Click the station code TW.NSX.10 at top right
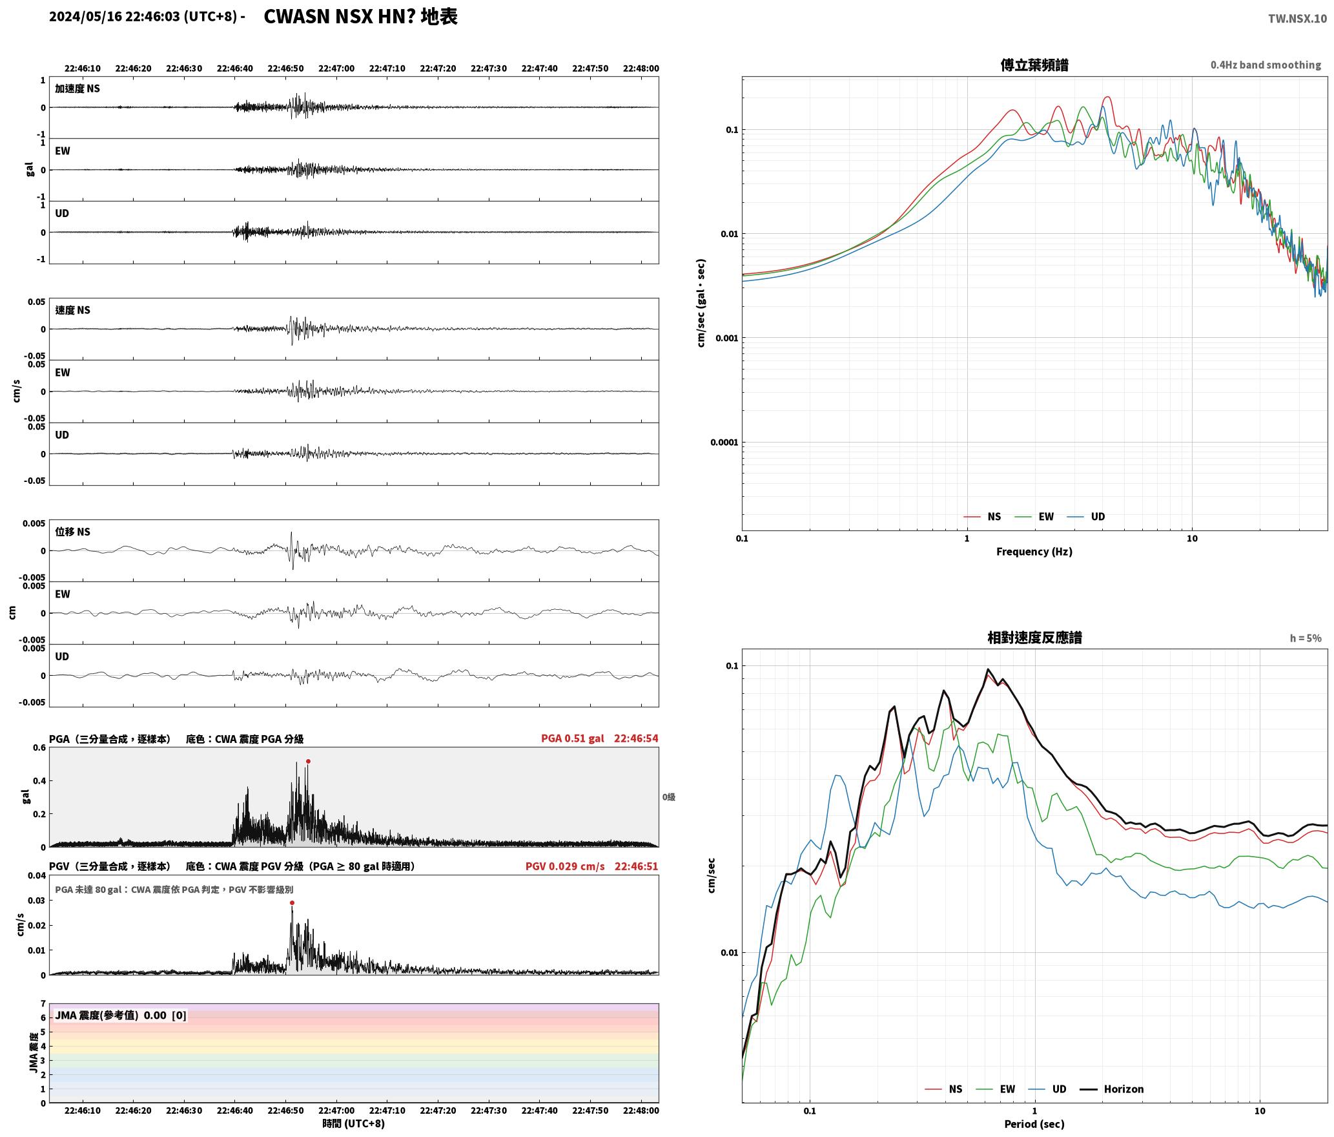click(x=1297, y=18)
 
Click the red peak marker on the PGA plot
click(x=308, y=761)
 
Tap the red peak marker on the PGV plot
click(x=292, y=902)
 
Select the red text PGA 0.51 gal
click(x=573, y=738)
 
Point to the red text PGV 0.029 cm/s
click(x=565, y=866)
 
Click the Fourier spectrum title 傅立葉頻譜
click(x=1034, y=65)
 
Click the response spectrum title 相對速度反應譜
click(x=1034, y=637)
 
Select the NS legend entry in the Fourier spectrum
click(x=982, y=516)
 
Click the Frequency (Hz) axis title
click(x=1034, y=551)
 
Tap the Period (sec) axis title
click(x=1034, y=1123)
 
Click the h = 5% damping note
click(x=1306, y=638)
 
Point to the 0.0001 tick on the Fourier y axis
click(x=724, y=442)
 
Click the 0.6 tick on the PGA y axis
click(x=39, y=747)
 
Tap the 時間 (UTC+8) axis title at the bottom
click(x=353, y=1123)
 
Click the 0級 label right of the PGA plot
click(x=668, y=797)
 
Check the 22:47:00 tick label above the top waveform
click(x=336, y=68)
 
